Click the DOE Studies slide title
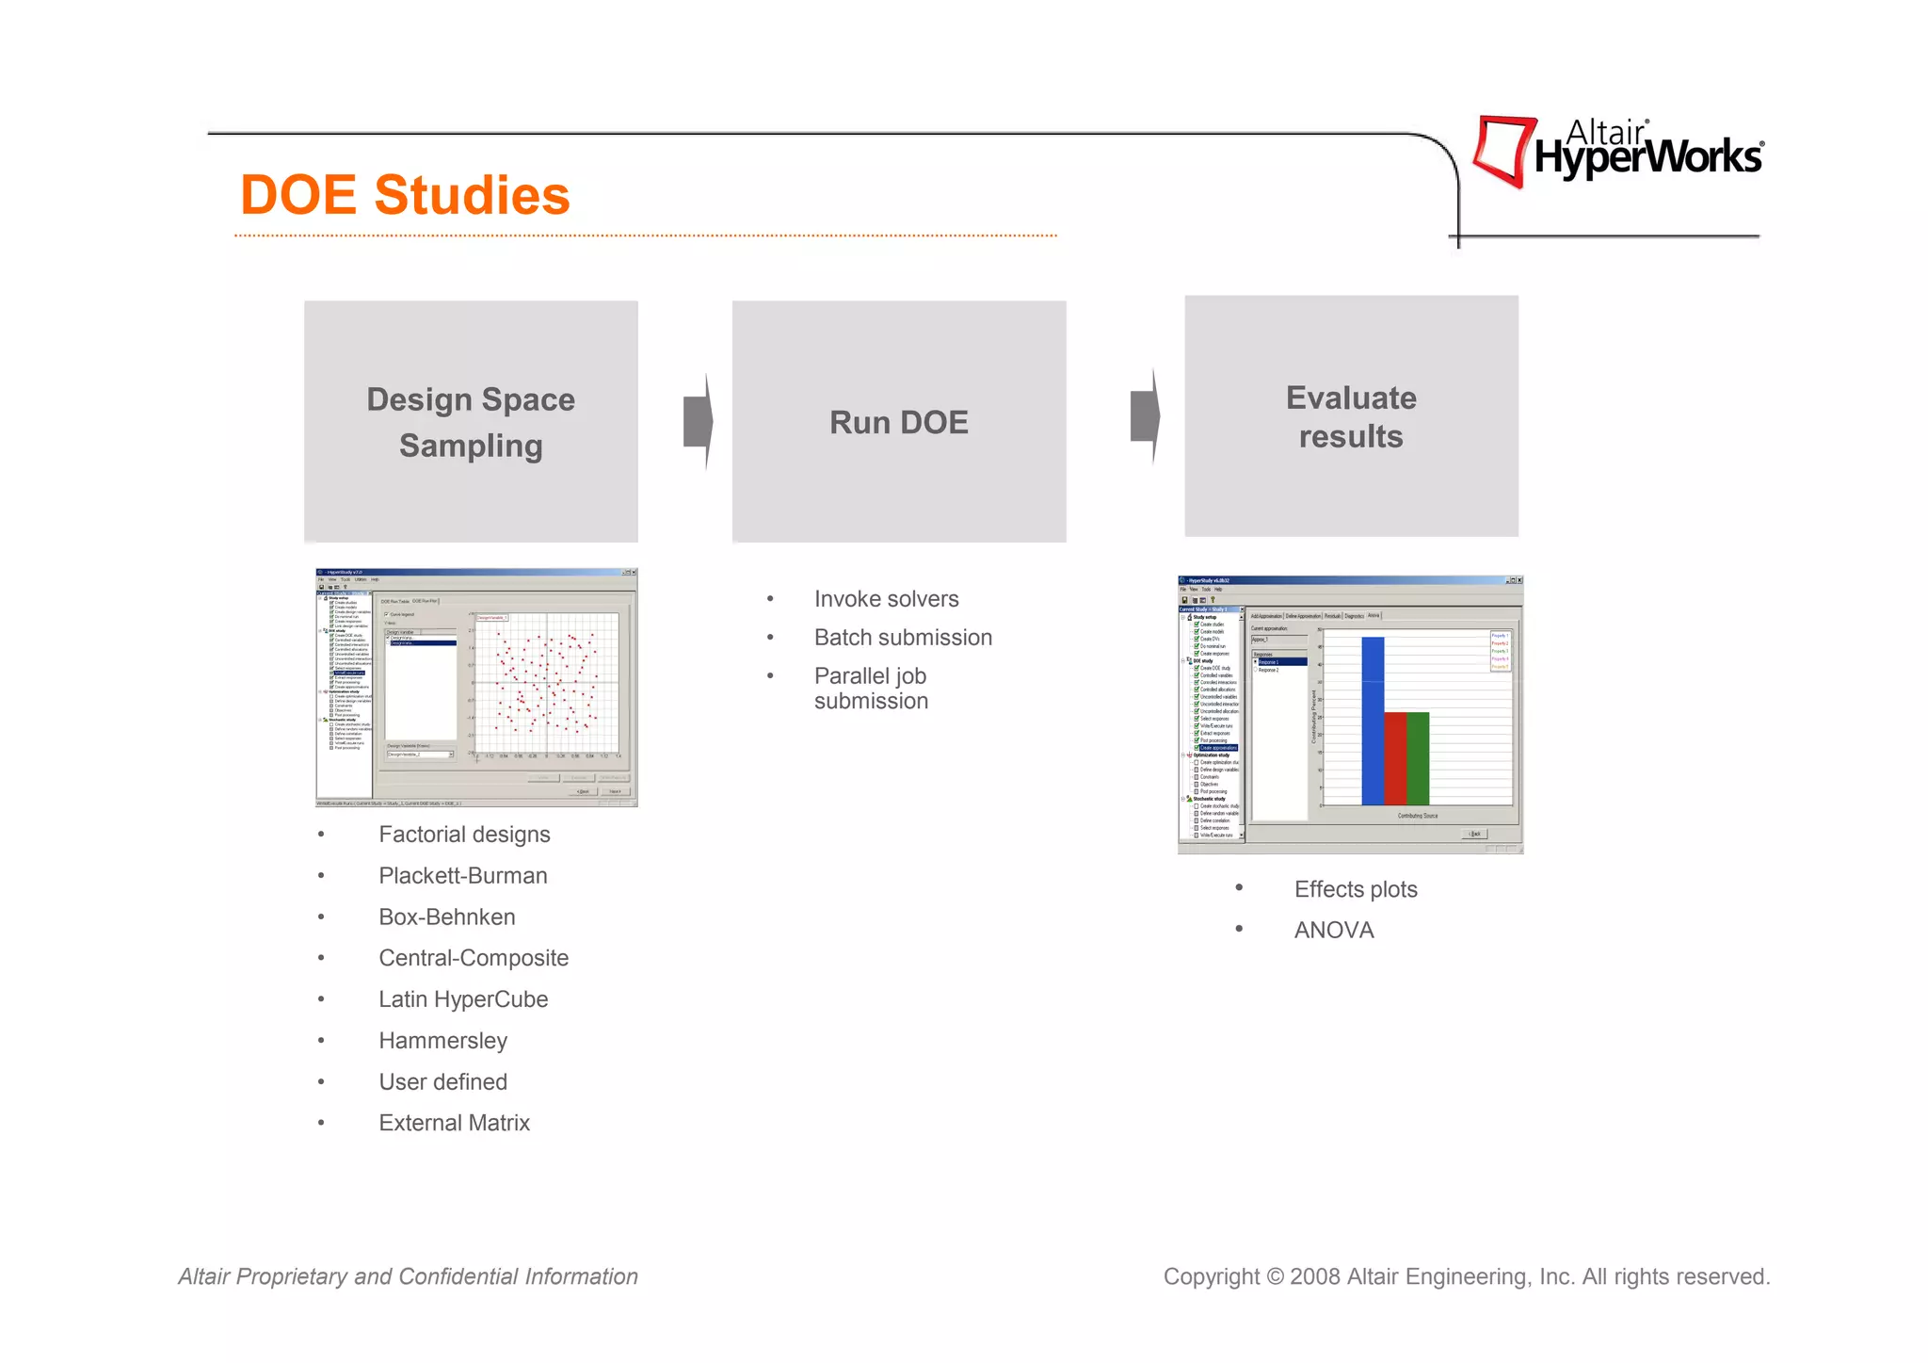point(405,195)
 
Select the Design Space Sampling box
point(471,421)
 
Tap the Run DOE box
point(899,421)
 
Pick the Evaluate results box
point(1351,416)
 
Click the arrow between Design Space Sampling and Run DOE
point(699,421)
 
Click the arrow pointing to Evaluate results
point(1145,415)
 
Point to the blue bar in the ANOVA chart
point(1373,721)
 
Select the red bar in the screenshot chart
point(1395,758)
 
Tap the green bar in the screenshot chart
point(1418,758)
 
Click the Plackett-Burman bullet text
point(462,876)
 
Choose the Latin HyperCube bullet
point(463,999)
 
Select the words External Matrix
point(454,1123)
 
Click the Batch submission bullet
point(903,638)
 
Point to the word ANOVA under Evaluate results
point(1334,931)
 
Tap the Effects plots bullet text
point(1356,889)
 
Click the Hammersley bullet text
point(442,1041)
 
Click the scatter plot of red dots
point(546,683)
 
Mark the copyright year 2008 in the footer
point(1315,1277)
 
